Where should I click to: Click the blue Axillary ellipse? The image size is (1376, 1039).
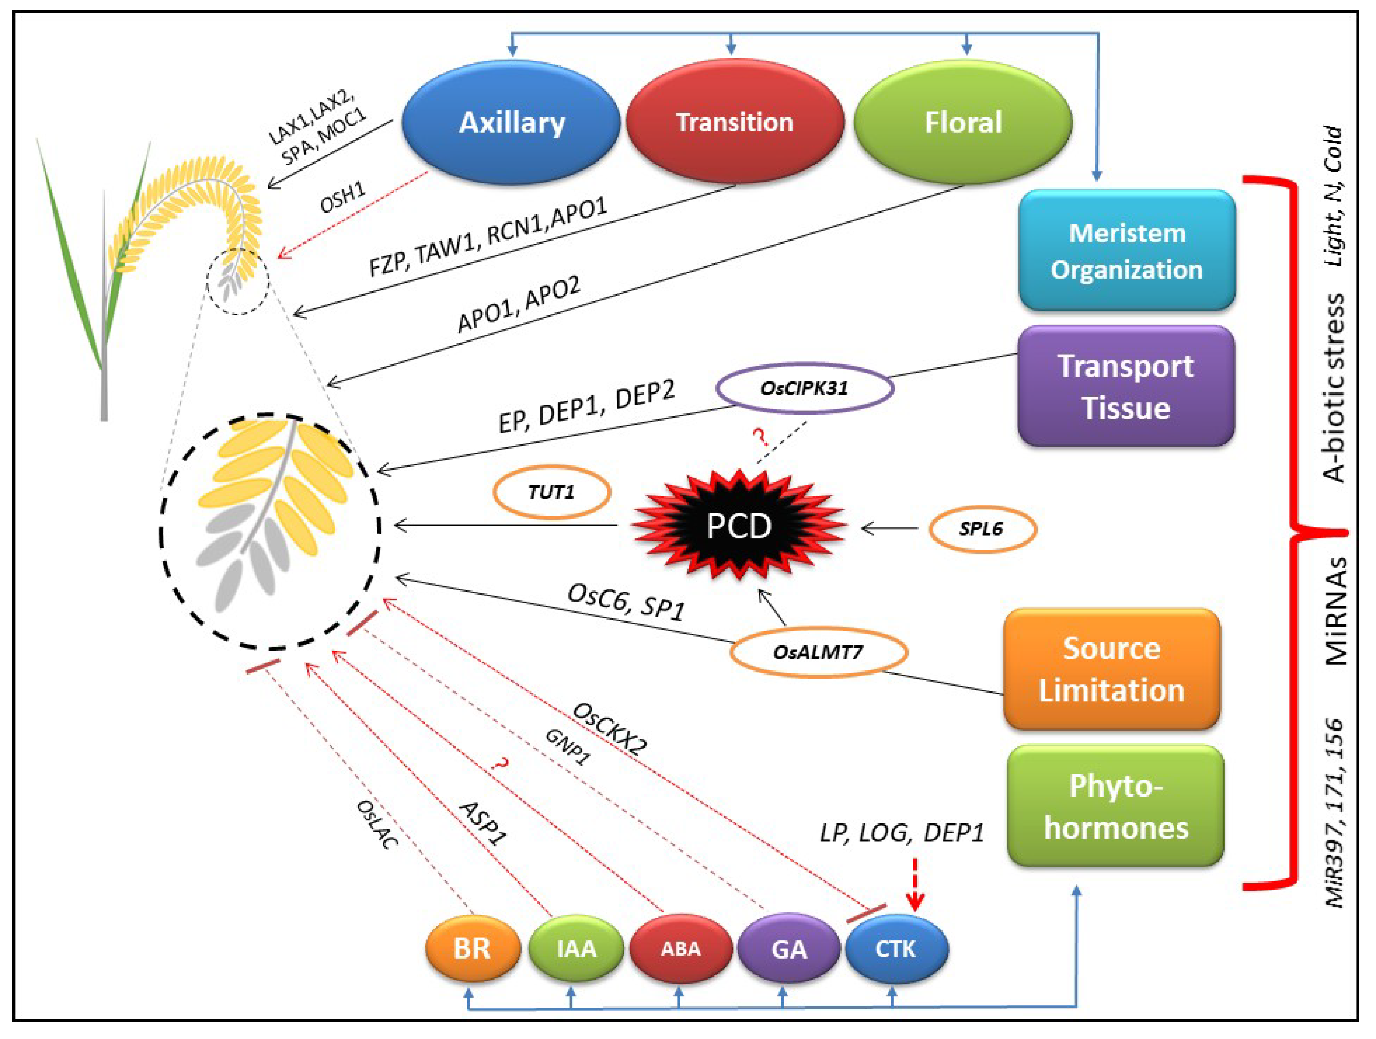pyautogui.click(x=511, y=122)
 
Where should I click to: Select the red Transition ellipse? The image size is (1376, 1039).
pyautogui.click(x=735, y=122)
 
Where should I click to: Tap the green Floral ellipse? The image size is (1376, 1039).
pyautogui.click(x=963, y=122)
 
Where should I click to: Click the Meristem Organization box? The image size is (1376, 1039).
pyautogui.click(x=1127, y=251)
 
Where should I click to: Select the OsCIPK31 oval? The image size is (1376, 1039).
pyautogui.click(x=805, y=389)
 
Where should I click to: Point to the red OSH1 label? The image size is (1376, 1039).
pyautogui.click(x=343, y=198)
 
